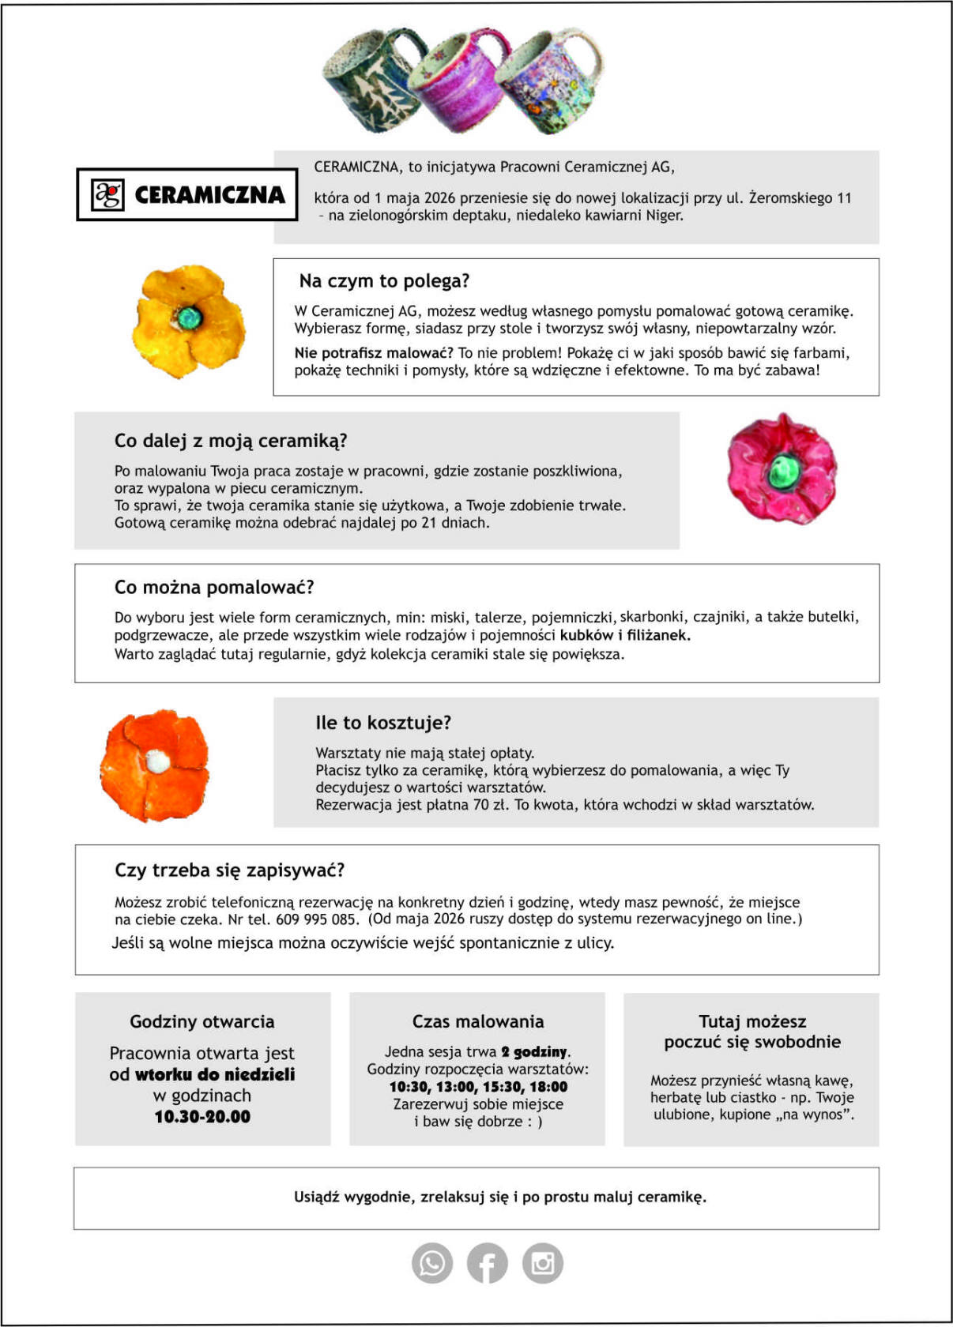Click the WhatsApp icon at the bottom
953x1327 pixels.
click(x=432, y=1262)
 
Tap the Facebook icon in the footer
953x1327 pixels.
click(x=487, y=1263)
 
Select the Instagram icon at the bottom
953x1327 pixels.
click(x=542, y=1262)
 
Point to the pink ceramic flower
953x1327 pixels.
click(x=782, y=468)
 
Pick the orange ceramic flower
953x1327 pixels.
click(x=155, y=765)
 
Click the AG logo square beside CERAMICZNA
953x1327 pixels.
click(x=108, y=194)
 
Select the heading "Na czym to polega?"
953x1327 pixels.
click(x=384, y=281)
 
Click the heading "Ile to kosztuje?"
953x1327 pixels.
click(x=383, y=723)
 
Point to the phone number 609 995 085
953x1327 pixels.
click(x=315, y=919)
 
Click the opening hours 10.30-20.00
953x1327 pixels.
click(x=202, y=1117)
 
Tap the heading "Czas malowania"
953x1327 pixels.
click(x=478, y=1021)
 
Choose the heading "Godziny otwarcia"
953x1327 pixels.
click(x=202, y=1021)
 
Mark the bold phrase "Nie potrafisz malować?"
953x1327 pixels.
click(x=374, y=353)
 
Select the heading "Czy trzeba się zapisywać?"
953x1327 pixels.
click(x=230, y=870)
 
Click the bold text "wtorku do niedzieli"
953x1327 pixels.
click(x=215, y=1074)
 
